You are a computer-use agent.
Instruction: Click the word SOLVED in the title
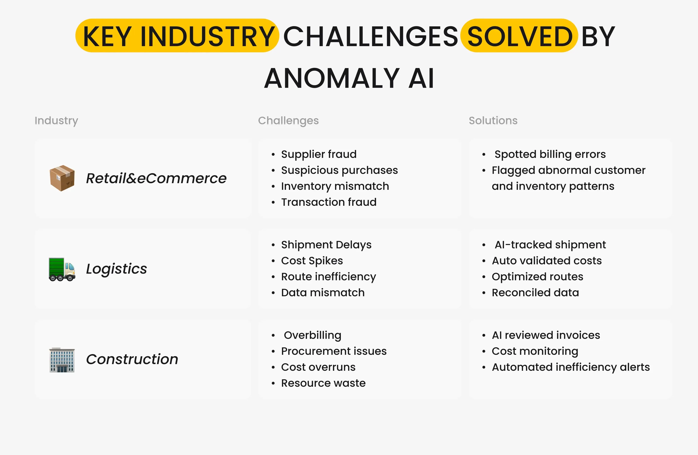coord(520,36)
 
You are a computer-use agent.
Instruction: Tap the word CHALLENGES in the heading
coord(371,36)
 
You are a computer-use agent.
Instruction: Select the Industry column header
coord(56,121)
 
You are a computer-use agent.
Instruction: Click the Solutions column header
coord(493,121)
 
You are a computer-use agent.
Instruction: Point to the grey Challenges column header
coord(288,121)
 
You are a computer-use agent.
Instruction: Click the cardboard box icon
coord(62,178)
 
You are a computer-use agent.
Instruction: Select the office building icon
coord(62,360)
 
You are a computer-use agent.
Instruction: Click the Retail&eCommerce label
coord(156,178)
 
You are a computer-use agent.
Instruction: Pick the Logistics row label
coord(116,269)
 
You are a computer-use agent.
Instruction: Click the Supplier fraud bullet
coord(319,154)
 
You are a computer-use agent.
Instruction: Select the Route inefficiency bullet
coord(328,277)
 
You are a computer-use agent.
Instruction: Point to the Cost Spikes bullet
coord(312,261)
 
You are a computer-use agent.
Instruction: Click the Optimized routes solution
coord(537,277)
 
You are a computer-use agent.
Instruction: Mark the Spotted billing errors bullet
coord(550,154)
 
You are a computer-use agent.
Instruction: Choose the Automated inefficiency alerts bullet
coord(571,367)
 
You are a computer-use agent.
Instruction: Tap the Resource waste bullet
coord(323,383)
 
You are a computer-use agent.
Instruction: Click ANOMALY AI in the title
coord(349,78)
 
